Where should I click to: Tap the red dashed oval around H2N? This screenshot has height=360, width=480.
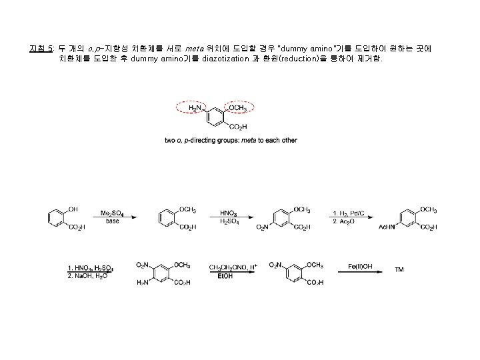(x=195, y=108)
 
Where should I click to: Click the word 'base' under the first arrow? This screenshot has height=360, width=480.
(x=111, y=221)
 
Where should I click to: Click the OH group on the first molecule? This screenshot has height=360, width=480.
(x=73, y=209)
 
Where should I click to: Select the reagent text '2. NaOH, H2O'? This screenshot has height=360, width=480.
(x=87, y=275)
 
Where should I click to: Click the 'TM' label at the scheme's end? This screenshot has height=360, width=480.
(x=399, y=271)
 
